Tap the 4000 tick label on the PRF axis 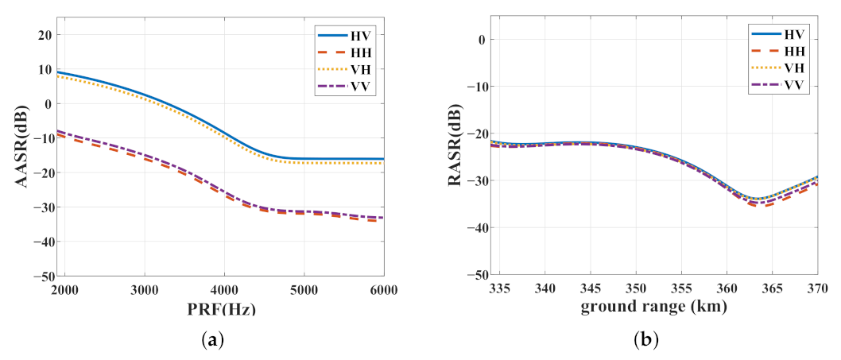(223, 291)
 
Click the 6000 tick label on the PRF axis (383, 291)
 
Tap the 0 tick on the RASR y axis (482, 40)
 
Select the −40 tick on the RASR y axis (476, 228)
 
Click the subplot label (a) (213, 341)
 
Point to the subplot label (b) (645, 341)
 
